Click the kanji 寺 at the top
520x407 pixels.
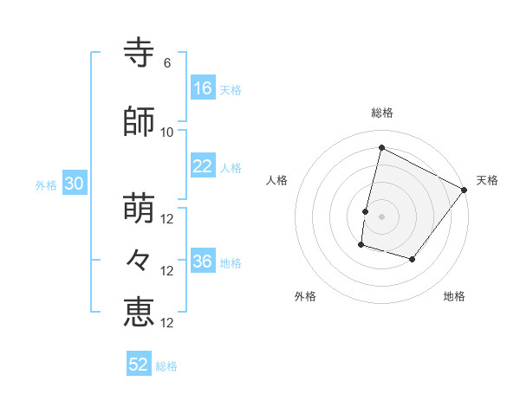139,52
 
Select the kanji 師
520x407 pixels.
139,121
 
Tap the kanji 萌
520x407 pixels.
139,208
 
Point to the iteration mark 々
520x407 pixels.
138,260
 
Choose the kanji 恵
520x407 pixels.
139,313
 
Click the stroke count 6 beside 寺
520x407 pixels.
167,63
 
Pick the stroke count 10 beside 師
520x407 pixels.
166,132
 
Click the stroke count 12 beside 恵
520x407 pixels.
166,323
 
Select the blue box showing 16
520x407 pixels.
204,87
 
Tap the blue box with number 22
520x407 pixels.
204,165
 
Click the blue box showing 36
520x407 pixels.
204,260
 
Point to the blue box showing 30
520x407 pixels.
75,183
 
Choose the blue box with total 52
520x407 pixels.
139,363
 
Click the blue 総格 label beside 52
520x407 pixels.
166,366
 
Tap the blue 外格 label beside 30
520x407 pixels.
46,185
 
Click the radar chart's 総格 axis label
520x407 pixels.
382,113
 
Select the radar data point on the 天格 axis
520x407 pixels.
464,190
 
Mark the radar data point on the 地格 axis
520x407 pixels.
412,259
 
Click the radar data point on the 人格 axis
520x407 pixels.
366,211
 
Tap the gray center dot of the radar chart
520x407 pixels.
381,216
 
